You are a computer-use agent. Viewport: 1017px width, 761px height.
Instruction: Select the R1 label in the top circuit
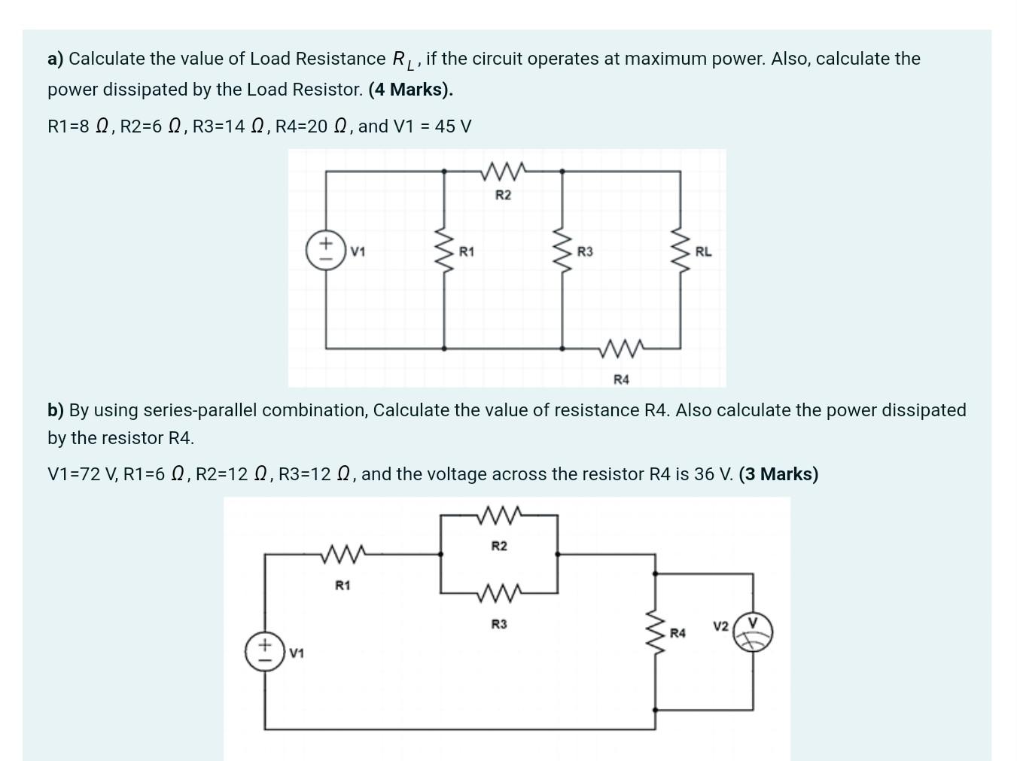tap(467, 251)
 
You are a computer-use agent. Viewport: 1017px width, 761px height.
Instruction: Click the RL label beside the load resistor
tap(703, 251)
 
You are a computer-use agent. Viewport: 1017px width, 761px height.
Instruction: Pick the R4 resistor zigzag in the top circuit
tap(621, 349)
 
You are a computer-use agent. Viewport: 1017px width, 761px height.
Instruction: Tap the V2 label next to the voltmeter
tap(720, 626)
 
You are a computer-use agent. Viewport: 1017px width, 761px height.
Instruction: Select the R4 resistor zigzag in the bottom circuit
tap(653, 633)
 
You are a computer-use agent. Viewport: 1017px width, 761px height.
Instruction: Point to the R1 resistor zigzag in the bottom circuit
tap(343, 555)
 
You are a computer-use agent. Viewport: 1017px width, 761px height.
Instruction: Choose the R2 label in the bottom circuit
tap(499, 546)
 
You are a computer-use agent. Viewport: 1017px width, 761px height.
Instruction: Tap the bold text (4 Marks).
tap(410, 90)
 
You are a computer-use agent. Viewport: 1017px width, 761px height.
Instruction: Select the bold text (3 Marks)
tap(778, 474)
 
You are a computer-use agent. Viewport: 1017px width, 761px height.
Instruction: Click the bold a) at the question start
tap(55, 59)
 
